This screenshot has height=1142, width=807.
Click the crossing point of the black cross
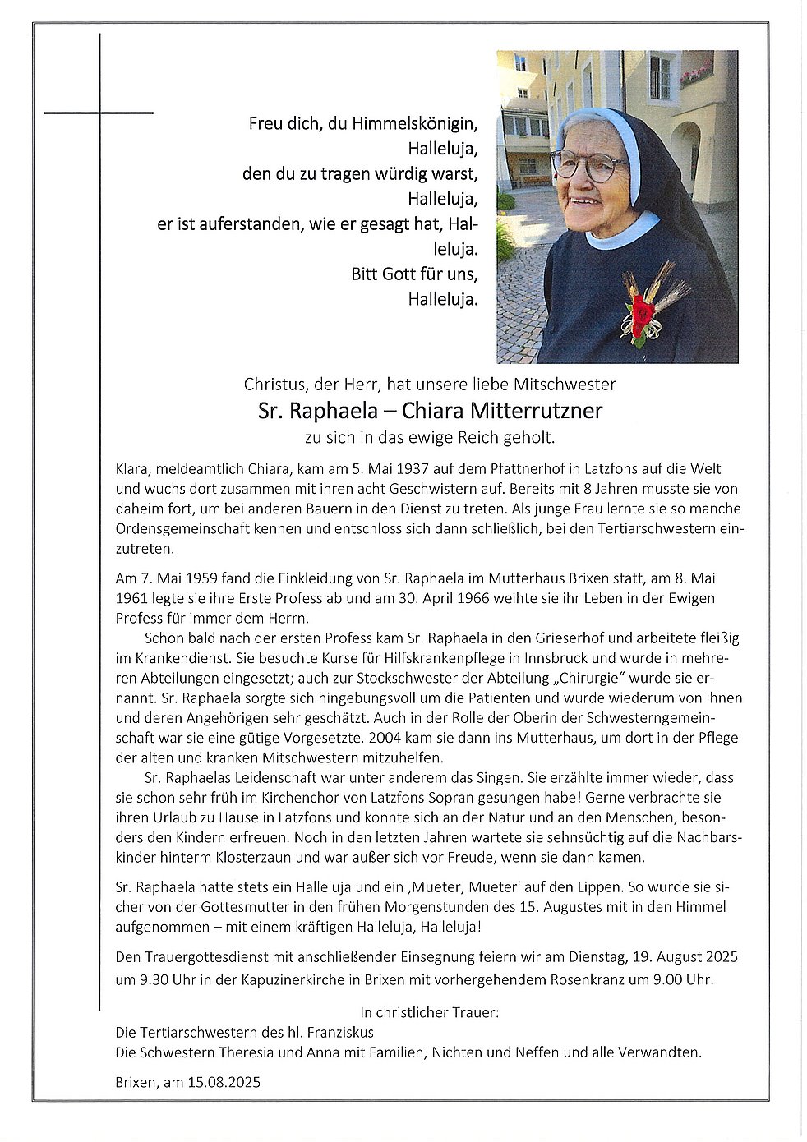99,112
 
